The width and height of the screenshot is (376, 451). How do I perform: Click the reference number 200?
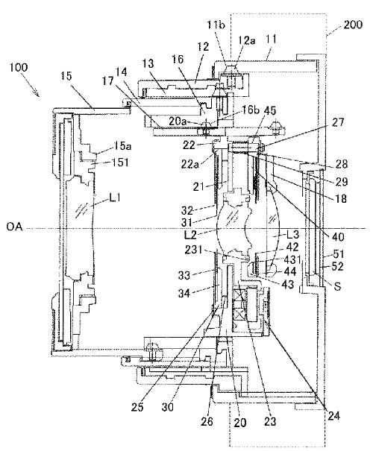pyautogui.click(x=353, y=25)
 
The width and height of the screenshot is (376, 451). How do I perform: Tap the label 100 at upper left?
pyautogui.click(x=19, y=68)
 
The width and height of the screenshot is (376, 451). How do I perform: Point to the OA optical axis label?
pyautogui.click(x=14, y=227)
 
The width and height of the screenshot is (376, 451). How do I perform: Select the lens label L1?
pyautogui.click(x=114, y=198)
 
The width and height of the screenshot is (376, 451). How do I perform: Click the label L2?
pyautogui.click(x=190, y=235)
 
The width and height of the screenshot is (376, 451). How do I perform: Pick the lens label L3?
pyautogui.click(x=292, y=234)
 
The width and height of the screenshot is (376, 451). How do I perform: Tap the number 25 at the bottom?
pyautogui.click(x=137, y=407)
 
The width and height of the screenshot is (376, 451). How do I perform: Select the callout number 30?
pyautogui.click(x=168, y=407)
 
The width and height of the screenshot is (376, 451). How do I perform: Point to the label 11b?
pyautogui.click(x=216, y=25)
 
